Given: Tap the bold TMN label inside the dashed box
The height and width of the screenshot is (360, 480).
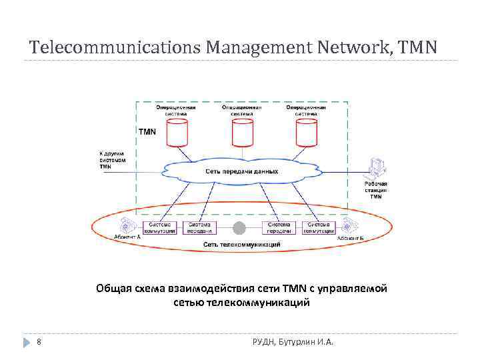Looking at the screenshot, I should pos(147,132).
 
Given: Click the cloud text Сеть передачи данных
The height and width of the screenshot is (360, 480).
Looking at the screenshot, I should pos(241,171).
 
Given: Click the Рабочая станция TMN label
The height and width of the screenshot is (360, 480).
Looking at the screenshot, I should pos(376,190).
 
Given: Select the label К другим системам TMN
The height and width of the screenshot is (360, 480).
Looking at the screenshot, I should pos(111,160).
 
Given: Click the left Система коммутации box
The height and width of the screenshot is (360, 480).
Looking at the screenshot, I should pos(161,227).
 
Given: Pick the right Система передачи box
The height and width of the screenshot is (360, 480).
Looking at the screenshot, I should pos(279,227).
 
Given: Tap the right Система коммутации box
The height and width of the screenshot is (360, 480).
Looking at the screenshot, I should pos(319,227).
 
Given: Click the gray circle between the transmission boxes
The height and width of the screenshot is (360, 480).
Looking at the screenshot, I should pos(239,228).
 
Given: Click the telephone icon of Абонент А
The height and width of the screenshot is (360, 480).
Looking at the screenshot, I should pos(125,225).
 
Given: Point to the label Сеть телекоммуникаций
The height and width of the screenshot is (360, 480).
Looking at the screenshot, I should pos(241,245).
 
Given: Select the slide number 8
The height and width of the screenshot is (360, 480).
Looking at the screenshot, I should pos(39,342).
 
